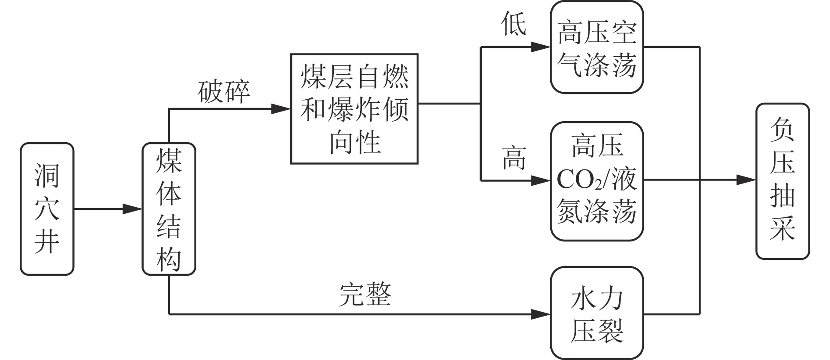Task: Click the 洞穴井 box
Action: pyautogui.click(x=47, y=209)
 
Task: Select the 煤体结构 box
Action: pyautogui.click(x=169, y=209)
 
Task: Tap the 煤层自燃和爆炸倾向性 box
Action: pyautogui.click(x=354, y=109)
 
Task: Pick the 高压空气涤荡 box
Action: pyautogui.click(x=597, y=47)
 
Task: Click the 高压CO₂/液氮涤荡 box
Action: pyautogui.click(x=597, y=181)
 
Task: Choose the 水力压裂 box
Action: pyautogui.click(x=597, y=313)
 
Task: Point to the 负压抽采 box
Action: pyautogui.click(x=782, y=181)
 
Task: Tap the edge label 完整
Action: pyautogui.click(x=365, y=294)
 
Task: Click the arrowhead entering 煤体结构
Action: pyautogui.click(x=133, y=209)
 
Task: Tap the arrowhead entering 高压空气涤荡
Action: pyautogui.click(x=541, y=47)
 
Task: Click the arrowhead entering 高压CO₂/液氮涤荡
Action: pyautogui.click(x=541, y=180)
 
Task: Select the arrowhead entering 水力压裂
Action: pyautogui.click(x=541, y=314)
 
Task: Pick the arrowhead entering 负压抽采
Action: pyautogui.click(x=747, y=180)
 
